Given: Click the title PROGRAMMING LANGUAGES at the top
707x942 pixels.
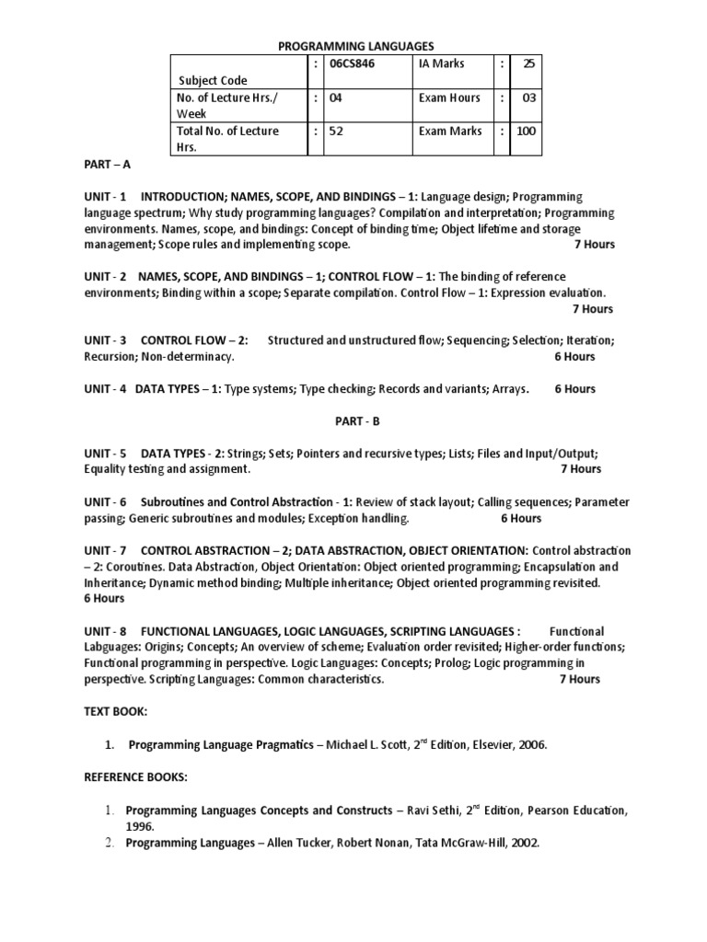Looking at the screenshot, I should (x=355, y=46).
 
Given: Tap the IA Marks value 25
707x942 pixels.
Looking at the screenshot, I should (x=528, y=64).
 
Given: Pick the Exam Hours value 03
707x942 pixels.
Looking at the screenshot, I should (x=528, y=98).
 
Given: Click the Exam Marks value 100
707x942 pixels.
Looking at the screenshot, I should (x=526, y=131).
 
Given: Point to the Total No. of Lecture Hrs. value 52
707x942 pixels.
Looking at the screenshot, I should (x=336, y=131).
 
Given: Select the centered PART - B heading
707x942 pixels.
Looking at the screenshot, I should (x=355, y=420).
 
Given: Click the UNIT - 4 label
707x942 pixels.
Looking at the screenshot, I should (x=105, y=388).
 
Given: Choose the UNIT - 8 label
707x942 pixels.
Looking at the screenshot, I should (x=105, y=631).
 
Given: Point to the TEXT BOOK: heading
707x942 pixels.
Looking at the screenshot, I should (x=115, y=712).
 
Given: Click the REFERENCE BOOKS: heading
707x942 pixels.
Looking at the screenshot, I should (x=135, y=777).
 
